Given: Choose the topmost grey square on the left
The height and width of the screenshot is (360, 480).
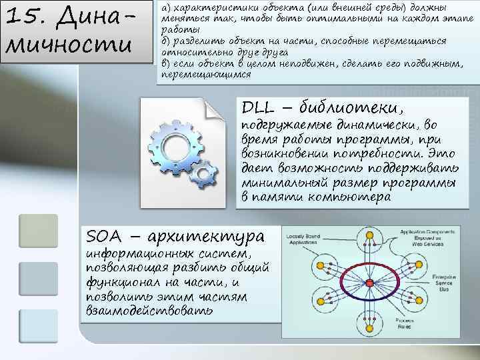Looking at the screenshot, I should coord(39,230).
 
